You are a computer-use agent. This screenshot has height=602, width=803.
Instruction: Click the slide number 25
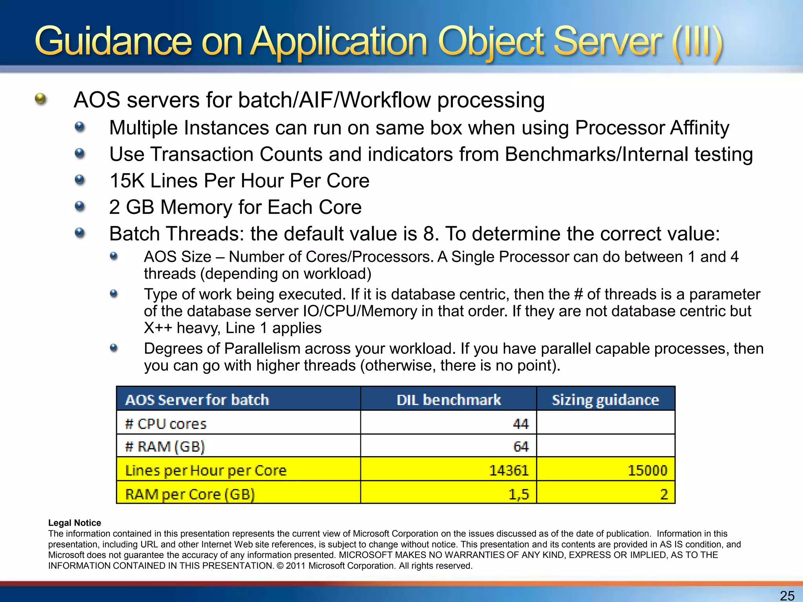click(787, 595)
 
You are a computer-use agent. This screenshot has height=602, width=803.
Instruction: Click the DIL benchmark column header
click(449, 400)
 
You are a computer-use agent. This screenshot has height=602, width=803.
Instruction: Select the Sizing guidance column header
click(605, 400)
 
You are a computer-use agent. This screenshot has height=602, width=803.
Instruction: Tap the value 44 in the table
click(521, 424)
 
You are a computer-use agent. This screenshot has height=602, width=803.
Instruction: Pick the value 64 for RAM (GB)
click(521, 446)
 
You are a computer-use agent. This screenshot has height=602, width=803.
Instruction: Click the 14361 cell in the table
click(509, 470)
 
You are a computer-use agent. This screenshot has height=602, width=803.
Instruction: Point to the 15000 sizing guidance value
click(647, 470)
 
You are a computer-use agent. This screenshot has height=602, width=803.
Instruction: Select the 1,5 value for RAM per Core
click(518, 494)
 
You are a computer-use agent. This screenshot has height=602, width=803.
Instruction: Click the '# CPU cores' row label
click(165, 424)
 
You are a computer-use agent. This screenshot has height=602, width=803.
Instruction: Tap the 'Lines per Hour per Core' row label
click(206, 470)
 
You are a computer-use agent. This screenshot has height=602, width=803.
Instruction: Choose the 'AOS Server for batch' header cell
click(197, 400)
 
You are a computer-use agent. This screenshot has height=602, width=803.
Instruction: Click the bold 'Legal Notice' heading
click(74, 523)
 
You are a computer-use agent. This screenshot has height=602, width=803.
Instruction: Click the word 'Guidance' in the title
click(114, 41)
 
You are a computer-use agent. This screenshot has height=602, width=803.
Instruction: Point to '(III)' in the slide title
click(696, 41)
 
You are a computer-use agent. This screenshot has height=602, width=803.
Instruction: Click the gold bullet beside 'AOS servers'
click(40, 99)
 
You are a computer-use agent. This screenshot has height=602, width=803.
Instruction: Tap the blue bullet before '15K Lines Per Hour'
click(80, 180)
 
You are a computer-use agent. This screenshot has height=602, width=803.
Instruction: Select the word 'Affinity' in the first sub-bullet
click(699, 128)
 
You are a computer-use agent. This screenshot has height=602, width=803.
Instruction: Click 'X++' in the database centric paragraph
click(158, 328)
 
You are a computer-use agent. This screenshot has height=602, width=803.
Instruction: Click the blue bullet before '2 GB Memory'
click(80, 206)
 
